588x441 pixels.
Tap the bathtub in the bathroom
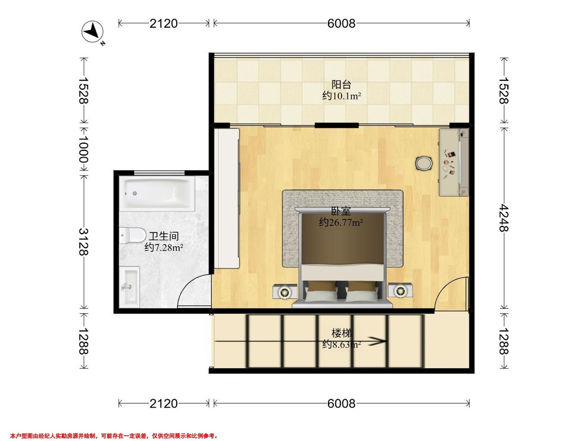coord(157,194)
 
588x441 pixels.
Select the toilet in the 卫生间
coord(132,235)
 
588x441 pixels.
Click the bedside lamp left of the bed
coord(285,292)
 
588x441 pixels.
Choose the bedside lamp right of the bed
coord(399,291)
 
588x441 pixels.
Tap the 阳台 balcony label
coord(341,85)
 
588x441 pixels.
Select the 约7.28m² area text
coord(164,247)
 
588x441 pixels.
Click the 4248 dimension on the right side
coord(503,218)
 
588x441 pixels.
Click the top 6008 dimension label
coord(341,24)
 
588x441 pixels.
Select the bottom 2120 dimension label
coord(163,404)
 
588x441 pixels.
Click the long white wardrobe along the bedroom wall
coord(227,198)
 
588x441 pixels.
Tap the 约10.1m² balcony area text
coord(342,96)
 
